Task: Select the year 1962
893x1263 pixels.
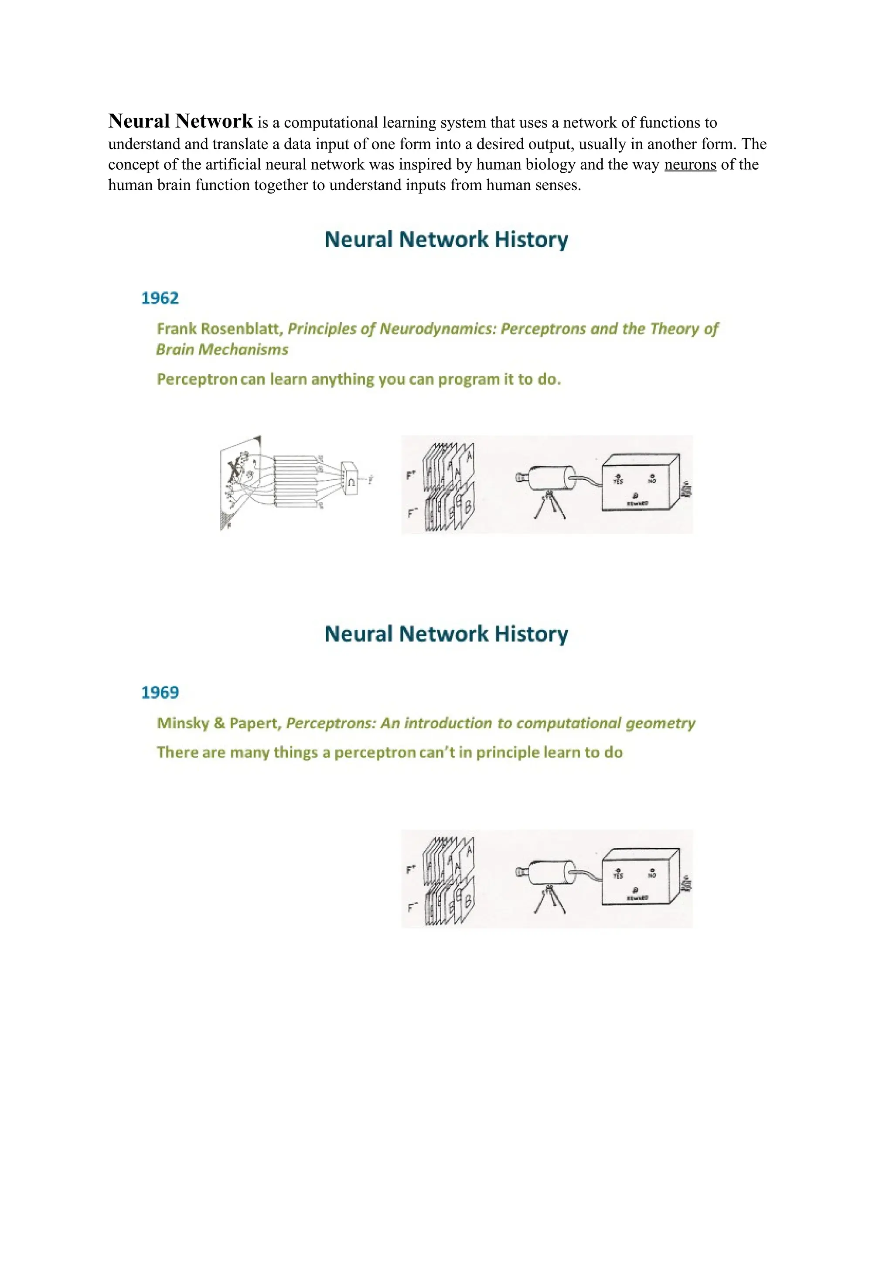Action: coord(160,298)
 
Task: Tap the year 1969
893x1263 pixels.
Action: coord(160,693)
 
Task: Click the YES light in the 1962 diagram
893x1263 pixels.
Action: coord(618,478)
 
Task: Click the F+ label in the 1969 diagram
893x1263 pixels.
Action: coord(411,870)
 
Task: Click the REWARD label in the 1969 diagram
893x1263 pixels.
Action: coord(637,898)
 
